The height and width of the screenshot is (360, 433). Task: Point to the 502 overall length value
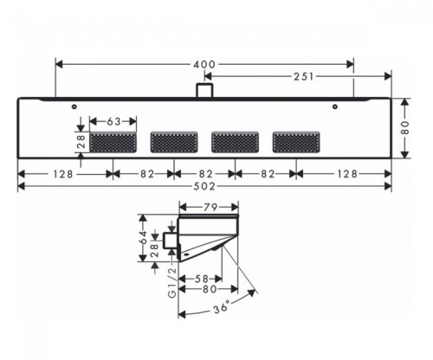pyautogui.click(x=204, y=186)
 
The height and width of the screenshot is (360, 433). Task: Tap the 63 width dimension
pyautogui.click(x=113, y=122)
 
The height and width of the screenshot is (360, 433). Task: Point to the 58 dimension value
pyautogui.click(x=202, y=278)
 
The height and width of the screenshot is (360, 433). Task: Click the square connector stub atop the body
pyautogui.click(x=204, y=90)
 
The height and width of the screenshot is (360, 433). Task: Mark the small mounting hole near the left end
pyautogui.click(x=76, y=108)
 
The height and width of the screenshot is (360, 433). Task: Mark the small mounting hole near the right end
pyautogui.click(x=336, y=108)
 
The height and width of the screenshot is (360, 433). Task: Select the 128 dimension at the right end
pyautogui.click(x=347, y=173)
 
